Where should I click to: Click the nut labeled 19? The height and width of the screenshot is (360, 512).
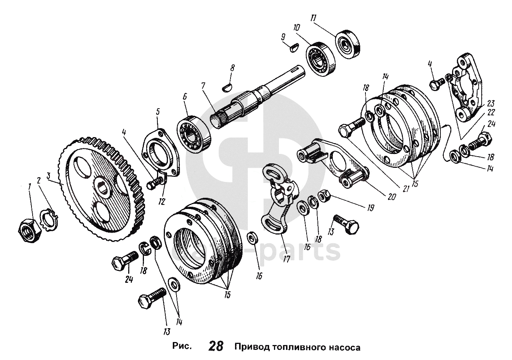click(x=323, y=195)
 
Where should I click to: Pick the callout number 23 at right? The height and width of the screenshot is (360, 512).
click(x=491, y=104)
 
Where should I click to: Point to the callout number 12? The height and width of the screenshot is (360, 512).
click(x=162, y=202)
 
